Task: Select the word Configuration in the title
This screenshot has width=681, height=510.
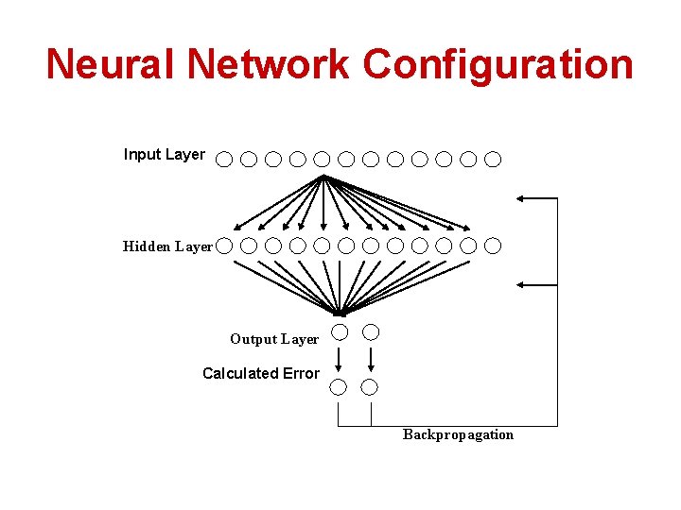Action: point(498,64)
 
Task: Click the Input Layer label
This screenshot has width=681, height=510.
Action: point(164,154)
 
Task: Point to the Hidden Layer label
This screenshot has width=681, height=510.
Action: point(167,246)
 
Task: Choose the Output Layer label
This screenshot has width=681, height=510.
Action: point(274,339)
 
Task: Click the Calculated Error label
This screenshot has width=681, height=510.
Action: point(260,373)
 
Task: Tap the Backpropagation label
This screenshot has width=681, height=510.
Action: point(458,434)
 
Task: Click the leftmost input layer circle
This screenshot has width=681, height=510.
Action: point(223,159)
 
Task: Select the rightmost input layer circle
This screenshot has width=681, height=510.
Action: point(493,159)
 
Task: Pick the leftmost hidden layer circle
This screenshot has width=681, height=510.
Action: point(223,246)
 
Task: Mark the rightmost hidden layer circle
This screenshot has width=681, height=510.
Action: point(493,246)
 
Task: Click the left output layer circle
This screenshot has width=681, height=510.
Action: point(339,331)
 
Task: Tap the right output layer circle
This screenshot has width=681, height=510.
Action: point(372,331)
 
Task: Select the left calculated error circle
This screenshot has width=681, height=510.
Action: point(338,386)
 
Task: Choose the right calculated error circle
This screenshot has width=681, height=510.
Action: point(370,386)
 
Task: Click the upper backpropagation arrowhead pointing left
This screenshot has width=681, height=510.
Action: point(522,198)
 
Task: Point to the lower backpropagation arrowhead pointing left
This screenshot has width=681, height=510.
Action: point(522,283)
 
